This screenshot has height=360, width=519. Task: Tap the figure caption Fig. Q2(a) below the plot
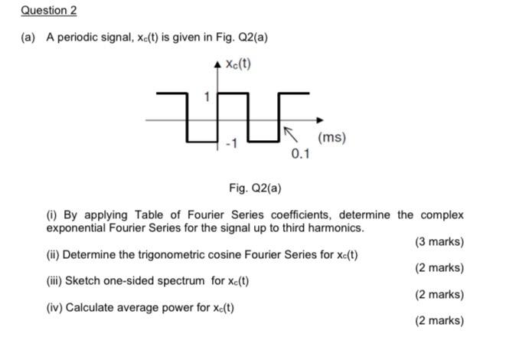tap(259, 187)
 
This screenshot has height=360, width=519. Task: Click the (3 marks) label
tap(439, 241)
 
